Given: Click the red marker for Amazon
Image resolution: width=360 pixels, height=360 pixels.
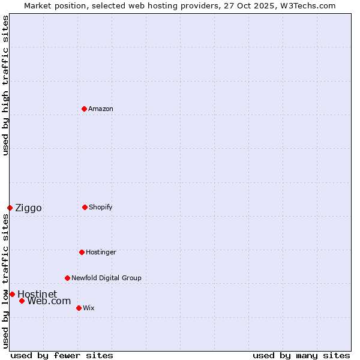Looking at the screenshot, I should point(84,109).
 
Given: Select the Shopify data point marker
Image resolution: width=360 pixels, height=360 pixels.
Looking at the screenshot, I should point(85,207).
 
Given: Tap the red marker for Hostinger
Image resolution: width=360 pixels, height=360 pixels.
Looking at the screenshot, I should point(82,252).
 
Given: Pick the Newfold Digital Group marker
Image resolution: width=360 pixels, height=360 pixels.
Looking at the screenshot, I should point(67,278).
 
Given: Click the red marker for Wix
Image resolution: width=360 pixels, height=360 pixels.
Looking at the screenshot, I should point(79,308).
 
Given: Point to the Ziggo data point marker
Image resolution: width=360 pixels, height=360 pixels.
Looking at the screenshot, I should point(10,208).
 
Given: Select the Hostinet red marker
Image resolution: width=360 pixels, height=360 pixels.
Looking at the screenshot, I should point(12,294).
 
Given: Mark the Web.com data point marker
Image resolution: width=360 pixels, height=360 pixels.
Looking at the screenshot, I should point(22,301).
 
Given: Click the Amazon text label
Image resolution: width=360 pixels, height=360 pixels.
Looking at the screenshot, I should point(101,109).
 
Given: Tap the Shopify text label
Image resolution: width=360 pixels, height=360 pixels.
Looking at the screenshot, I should point(101,207).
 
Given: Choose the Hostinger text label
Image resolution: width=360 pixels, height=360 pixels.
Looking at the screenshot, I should point(101,252).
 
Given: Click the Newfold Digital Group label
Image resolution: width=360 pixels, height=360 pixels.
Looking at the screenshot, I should point(106,278).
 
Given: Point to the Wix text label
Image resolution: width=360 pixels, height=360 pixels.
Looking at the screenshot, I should point(89,308).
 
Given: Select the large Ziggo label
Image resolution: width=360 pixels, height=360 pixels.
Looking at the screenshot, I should point(28,208).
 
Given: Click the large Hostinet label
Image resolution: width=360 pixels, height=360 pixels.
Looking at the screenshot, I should point(37,294).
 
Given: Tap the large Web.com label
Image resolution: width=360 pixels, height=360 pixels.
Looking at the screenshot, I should point(49,301).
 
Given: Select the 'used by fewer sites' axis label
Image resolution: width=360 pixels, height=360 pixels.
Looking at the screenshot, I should point(62,355).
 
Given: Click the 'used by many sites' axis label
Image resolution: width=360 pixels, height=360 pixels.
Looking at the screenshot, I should point(301,355).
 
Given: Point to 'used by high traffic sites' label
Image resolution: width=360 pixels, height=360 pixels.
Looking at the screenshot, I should point(5,85).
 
